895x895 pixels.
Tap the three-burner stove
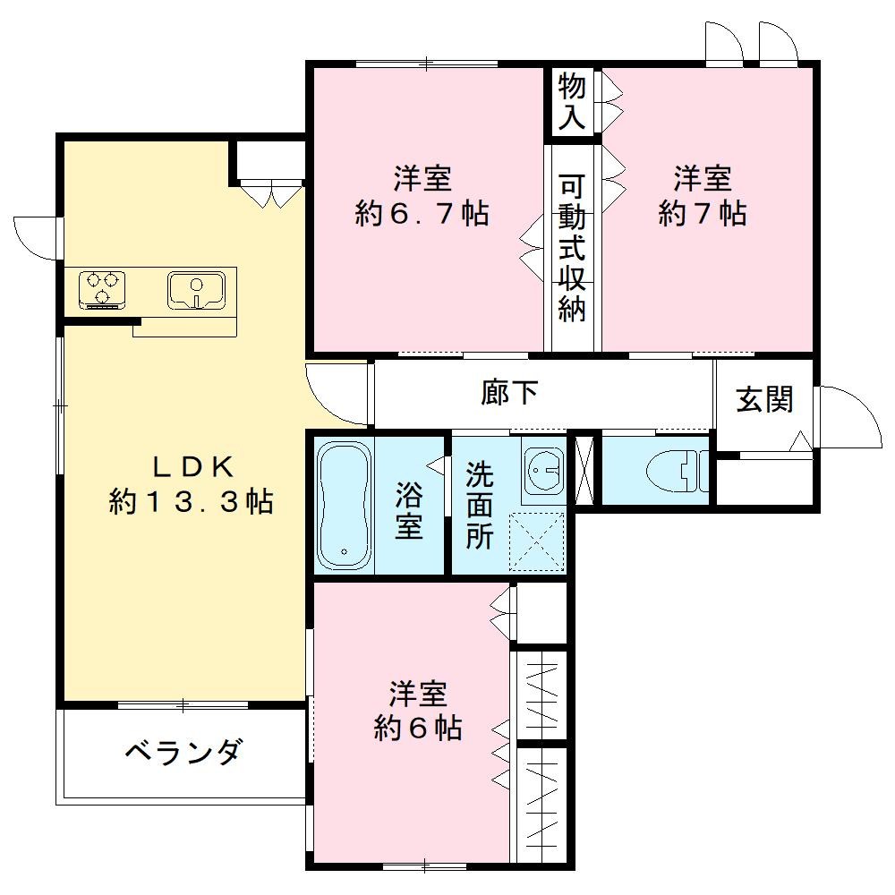click(102, 288)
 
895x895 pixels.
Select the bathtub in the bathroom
click(343, 506)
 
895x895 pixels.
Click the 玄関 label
click(764, 399)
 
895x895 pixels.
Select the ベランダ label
click(182, 752)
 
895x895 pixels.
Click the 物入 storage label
click(572, 102)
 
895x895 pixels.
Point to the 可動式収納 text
click(572, 248)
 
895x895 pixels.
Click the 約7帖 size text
click(703, 214)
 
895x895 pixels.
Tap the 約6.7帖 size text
click(422, 214)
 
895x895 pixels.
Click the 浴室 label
click(409, 511)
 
